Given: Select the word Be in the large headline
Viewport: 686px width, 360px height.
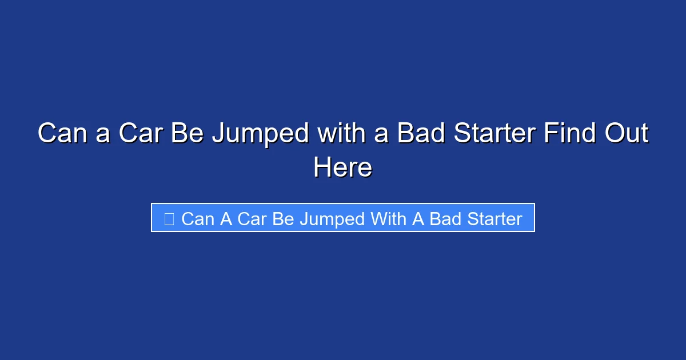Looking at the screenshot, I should tap(188, 134).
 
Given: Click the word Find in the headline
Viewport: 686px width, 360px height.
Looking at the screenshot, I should tap(569, 134).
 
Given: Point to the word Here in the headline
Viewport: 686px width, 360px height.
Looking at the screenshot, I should tap(342, 167).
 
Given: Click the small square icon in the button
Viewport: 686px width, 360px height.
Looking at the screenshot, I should tap(169, 219).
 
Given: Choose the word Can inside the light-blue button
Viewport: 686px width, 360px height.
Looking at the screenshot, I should tap(197, 219).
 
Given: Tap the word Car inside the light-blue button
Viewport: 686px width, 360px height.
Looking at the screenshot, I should tap(252, 219).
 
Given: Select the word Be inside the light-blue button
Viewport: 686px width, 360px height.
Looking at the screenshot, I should tap(282, 219).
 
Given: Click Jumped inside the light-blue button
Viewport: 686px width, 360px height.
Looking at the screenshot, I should tap(332, 219).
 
